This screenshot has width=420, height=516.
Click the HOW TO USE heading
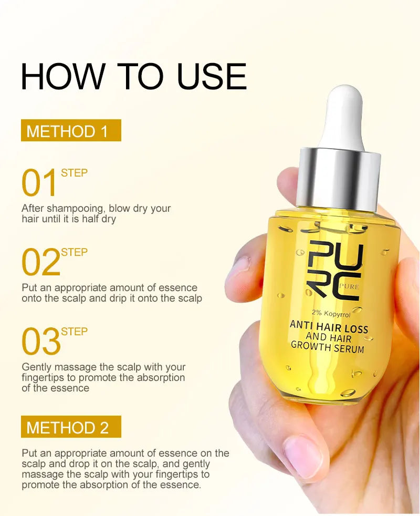tap(133, 76)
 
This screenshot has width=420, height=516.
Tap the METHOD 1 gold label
tap(71, 131)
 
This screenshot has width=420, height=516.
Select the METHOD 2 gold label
tap(71, 427)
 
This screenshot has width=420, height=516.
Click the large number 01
tap(39, 184)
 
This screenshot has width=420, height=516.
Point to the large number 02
tap(41, 263)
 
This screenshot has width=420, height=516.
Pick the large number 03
tap(41, 342)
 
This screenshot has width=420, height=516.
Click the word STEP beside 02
tap(74, 252)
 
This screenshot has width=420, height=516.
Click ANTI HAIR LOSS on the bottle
tap(329, 326)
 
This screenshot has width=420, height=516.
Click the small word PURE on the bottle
tap(349, 287)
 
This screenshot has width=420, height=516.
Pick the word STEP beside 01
tap(74, 173)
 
